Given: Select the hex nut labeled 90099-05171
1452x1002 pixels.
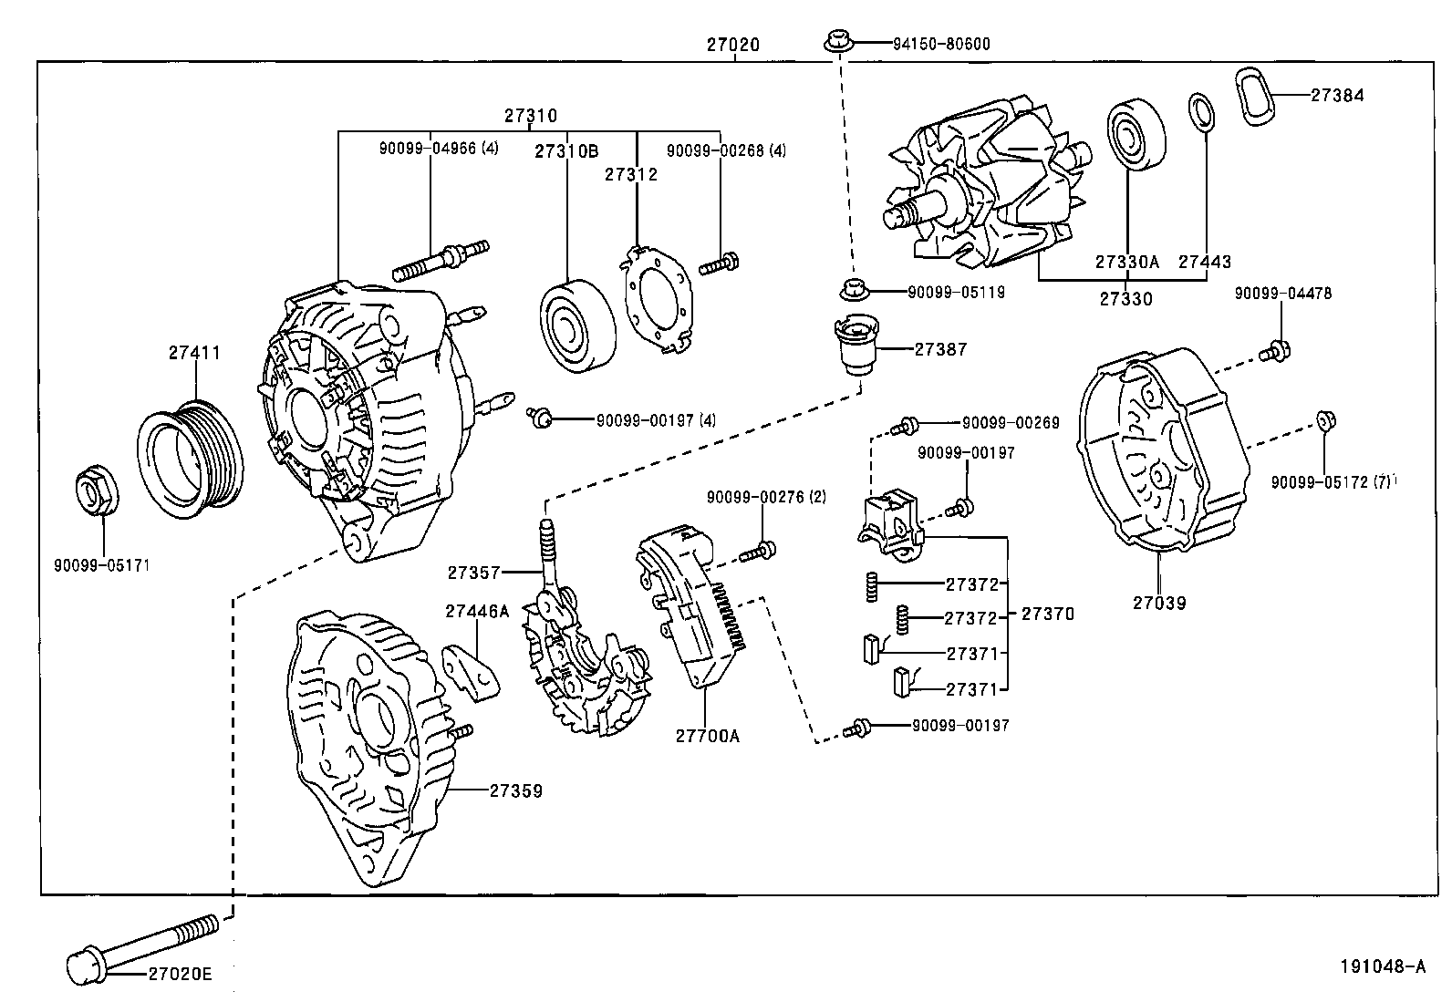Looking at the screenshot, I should point(95,492).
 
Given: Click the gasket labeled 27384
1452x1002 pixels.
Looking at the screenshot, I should point(1260,96).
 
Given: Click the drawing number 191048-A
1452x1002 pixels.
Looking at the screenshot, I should point(1381,966).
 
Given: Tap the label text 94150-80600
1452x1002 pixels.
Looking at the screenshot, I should point(942,44).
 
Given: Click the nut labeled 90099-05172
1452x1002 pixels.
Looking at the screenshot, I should point(1325,420).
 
